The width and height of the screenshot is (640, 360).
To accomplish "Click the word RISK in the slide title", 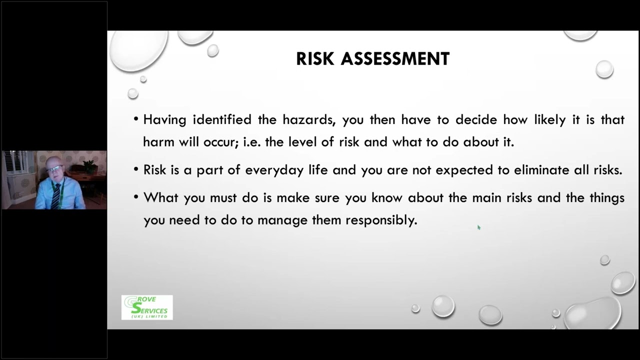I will (x=315, y=59).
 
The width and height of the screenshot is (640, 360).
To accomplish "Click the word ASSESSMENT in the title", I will (x=395, y=59).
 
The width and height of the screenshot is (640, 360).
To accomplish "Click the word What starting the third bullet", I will (x=161, y=197).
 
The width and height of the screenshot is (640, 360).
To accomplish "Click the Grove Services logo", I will (x=147, y=307).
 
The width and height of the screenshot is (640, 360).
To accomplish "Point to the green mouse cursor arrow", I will (x=478, y=227).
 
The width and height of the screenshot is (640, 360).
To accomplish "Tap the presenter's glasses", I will (x=54, y=169).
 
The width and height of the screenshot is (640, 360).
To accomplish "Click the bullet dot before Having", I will (x=136, y=120).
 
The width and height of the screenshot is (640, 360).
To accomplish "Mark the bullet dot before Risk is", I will (x=136, y=170).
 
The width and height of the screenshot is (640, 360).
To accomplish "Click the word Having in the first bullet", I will (x=164, y=120).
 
